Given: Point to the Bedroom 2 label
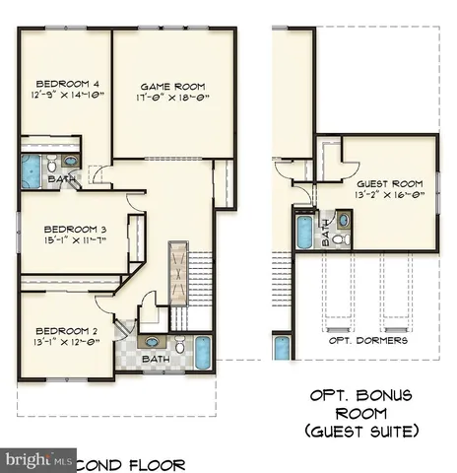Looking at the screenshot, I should click(x=63, y=330).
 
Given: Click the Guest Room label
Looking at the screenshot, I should click(x=389, y=184).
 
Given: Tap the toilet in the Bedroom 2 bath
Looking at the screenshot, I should click(x=180, y=346).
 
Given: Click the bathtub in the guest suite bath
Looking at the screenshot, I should click(x=304, y=233).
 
